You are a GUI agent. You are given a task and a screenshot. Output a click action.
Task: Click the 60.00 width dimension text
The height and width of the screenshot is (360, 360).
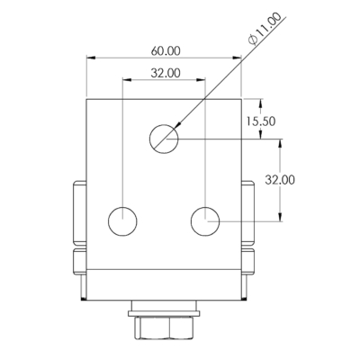(x=166, y=51)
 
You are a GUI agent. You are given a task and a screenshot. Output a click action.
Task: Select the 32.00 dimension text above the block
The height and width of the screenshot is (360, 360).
(x=166, y=73)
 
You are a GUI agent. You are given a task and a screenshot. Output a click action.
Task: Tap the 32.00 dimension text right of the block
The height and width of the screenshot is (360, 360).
(x=280, y=180)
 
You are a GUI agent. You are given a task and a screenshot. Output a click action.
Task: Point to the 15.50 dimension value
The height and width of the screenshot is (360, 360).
(x=261, y=121)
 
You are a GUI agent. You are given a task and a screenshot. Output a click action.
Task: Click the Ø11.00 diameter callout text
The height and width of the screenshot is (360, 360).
(x=265, y=29)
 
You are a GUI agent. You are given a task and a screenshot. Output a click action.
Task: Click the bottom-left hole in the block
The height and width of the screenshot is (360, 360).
(x=122, y=221)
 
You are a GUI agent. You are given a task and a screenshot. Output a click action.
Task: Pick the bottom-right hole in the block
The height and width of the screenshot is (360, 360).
(x=205, y=221)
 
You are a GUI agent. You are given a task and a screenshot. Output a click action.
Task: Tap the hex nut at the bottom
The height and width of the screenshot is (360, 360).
(x=165, y=328)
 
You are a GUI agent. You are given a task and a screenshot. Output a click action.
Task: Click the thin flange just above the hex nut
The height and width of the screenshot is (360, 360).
(x=165, y=313)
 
